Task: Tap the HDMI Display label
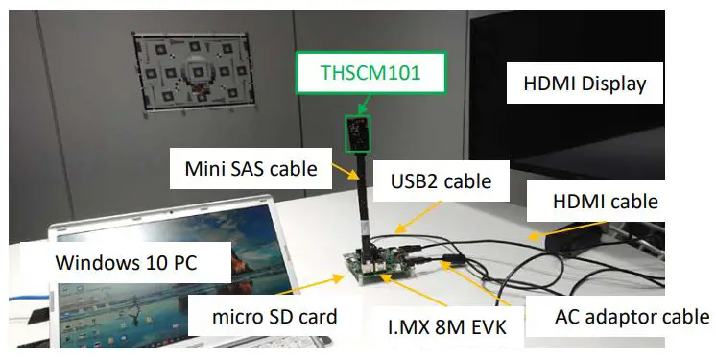585,84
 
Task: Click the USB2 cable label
442,180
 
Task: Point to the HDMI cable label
606,202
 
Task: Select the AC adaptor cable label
632,316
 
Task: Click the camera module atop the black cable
357,132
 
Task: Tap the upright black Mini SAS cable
366,206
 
